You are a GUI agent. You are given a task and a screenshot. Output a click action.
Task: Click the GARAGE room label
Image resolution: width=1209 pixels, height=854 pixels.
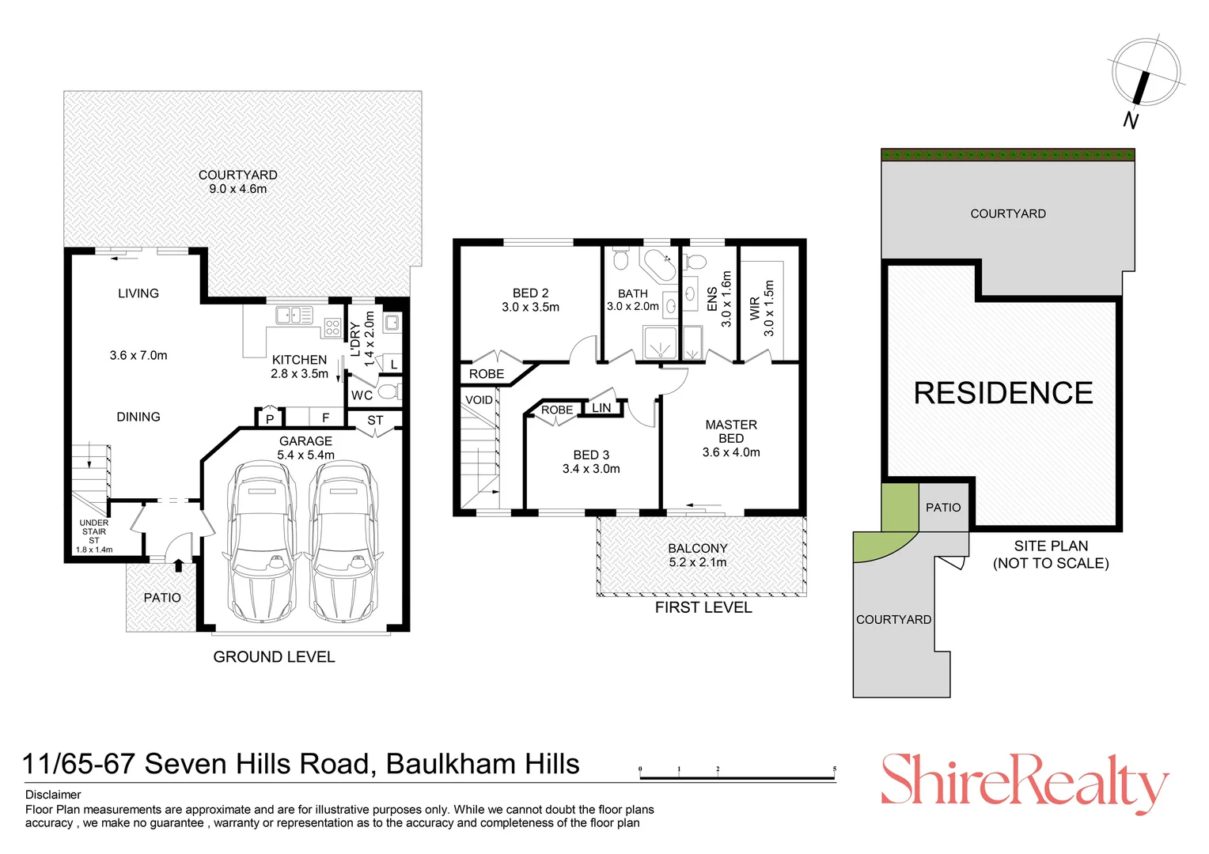pyautogui.click(x=305, y=441)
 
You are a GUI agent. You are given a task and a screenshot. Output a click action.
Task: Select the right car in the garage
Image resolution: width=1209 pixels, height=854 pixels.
pyautogui.click(x=342, y=542)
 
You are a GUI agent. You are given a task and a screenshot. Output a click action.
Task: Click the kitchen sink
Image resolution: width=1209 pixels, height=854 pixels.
pyautogui.click(x=294, y=316)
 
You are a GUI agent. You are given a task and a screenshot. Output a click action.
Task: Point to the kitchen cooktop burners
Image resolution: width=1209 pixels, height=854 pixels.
pyautogui.click(x=332, y=327)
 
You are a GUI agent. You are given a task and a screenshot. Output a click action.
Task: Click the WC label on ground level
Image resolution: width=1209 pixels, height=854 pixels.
pyautogui.click(x=362, y=395)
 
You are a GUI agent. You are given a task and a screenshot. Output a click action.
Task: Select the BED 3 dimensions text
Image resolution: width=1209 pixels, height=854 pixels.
pyautogui.click(x=591, y=469)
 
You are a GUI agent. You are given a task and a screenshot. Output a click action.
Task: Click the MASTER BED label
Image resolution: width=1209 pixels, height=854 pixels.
pyautogui.click(x=731, y=432)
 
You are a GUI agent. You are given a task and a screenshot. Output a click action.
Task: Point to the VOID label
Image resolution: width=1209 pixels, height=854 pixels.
pyautogui.click(x=479, y=400)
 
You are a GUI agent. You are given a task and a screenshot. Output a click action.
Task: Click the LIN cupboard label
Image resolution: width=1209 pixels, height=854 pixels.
pyautogui.click(x=601, y=408)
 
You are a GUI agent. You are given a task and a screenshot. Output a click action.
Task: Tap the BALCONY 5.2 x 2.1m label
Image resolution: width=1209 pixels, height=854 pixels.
pyautogui.click(x=697, y=555)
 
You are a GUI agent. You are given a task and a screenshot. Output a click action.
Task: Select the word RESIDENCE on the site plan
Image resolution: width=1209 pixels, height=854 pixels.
pyautogui.click(x=1003, y=393)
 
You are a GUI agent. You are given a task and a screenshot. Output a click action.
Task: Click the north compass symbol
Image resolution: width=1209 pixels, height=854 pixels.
pyautogui.click(x=1145, y=73)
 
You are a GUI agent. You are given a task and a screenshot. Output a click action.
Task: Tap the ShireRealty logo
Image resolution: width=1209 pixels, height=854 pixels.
pyautogui.click(x=1024, y=782)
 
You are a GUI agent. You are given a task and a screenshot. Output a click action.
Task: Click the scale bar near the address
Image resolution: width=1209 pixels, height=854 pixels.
pyautogui.click(x=737, y=778)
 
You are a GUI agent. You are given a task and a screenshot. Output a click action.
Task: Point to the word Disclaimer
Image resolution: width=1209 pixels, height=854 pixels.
pyautogui.click(x=53, y=795)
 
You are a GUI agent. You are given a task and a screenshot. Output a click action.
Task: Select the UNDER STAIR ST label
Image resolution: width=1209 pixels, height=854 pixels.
pyautogui.click(x=94, y=531)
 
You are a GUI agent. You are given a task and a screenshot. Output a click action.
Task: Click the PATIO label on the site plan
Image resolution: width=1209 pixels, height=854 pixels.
pyautogui.click(x=943, y=508)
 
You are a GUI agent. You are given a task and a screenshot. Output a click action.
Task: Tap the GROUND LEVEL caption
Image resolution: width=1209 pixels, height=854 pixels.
pyautogui.click(x=274, y=657)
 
